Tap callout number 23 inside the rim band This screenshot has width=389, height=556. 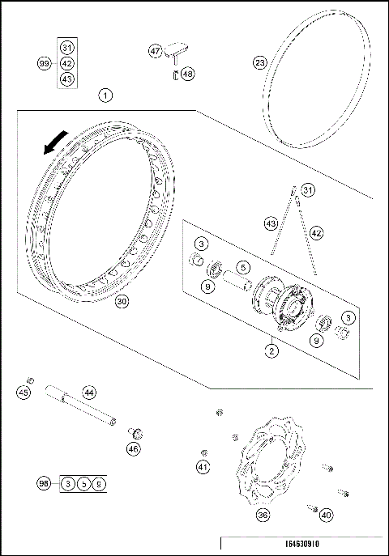pos(259,62)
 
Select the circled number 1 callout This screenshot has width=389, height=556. pos(106,95)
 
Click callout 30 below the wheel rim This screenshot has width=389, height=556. pos(121,301)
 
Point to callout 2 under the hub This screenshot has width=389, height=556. pos(272,350)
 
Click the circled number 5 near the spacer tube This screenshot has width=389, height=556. pos(242,265)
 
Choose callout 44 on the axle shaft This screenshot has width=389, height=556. pos(89,393)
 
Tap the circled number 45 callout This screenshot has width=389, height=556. pos(24,393)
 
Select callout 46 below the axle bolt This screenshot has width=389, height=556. pos(134,448)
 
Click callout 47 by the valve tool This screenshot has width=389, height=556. pos(156,50)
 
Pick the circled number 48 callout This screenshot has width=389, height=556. pos(188,73)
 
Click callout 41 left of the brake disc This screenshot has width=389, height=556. pos(203,466)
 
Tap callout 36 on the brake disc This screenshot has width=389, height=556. pos(263,515)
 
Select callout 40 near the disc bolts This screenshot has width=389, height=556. pos(326,513)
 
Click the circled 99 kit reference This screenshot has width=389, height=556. pos(45,63)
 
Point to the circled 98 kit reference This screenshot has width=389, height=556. pos(45,483)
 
